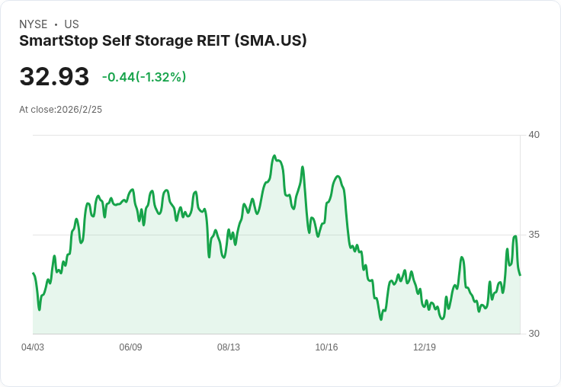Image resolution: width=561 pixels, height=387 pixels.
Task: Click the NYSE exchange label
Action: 33,24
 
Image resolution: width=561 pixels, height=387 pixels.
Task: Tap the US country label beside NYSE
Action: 72,24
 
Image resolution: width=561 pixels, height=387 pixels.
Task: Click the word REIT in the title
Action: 207,40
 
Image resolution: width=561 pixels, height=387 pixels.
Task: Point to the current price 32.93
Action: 54,77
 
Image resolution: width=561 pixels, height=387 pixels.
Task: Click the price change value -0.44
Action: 118,77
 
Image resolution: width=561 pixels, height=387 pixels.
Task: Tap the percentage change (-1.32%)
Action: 161,77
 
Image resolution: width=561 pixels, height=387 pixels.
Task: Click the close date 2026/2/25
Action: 79,110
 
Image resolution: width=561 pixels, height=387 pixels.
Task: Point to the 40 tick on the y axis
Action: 534,135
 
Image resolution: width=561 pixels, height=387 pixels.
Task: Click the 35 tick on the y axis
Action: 534,235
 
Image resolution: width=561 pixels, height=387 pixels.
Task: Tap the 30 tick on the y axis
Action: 534,334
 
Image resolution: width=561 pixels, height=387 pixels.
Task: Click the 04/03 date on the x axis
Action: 33,347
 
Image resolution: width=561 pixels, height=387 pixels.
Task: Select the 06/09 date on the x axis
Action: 130,347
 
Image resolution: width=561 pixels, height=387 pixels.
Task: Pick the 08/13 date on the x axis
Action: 229,347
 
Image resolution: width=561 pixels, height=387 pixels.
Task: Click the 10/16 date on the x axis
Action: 326,347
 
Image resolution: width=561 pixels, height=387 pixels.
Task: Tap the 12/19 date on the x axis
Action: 425,347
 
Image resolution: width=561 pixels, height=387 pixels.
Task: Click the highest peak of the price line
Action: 274,156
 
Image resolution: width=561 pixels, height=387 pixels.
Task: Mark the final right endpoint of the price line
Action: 520,275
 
